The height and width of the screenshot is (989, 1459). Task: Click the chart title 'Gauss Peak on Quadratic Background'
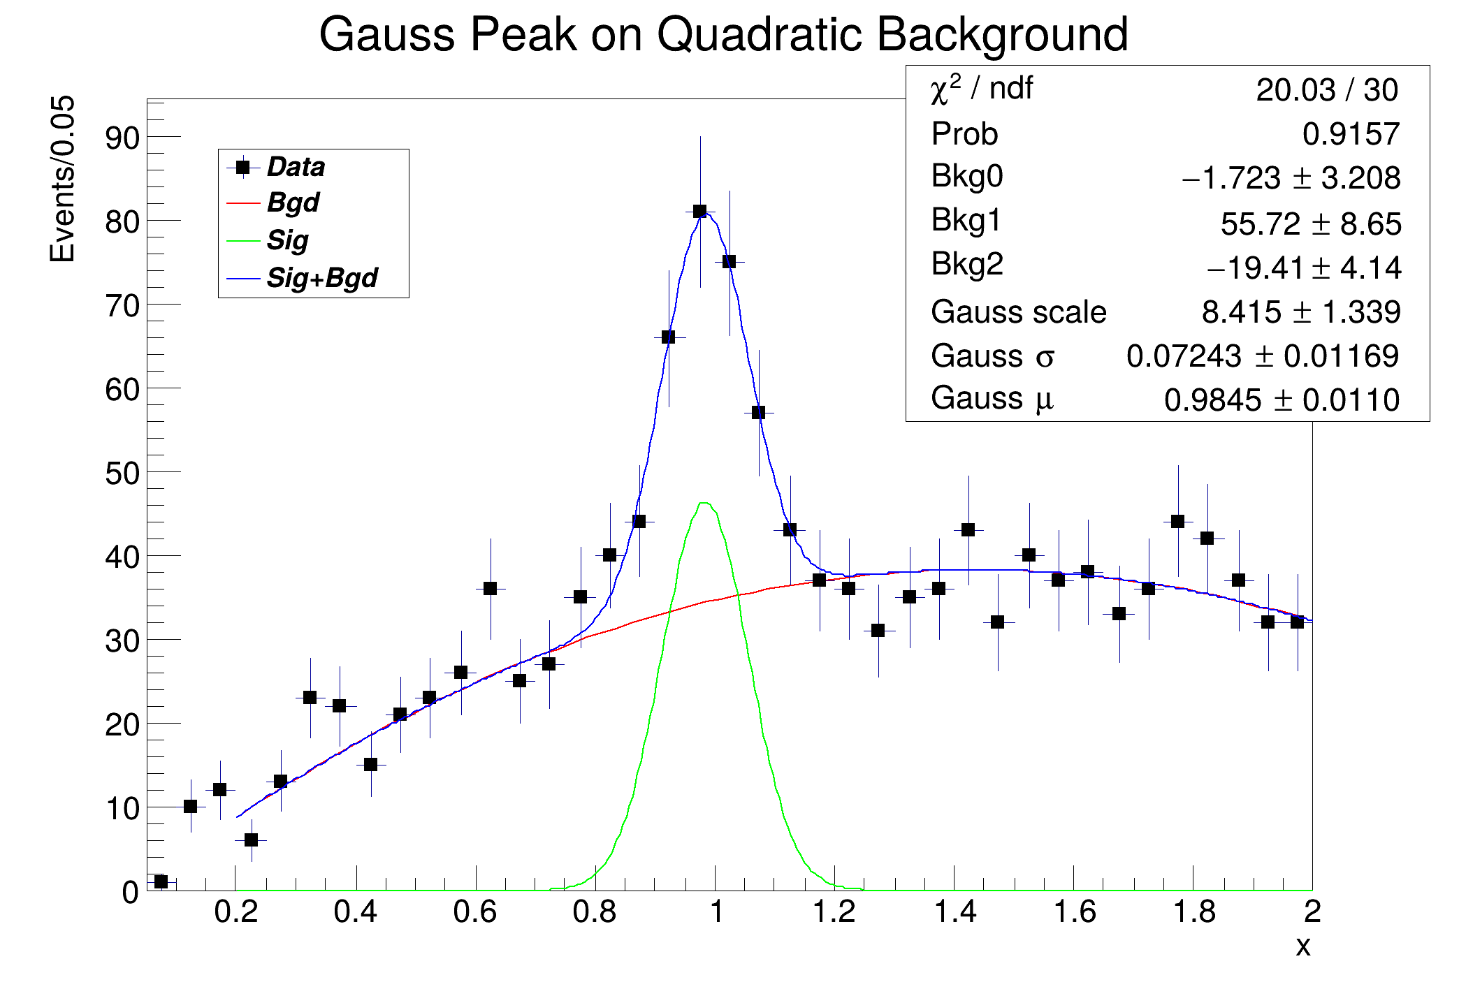(723, 34)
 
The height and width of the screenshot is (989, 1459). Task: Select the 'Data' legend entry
(276, 167)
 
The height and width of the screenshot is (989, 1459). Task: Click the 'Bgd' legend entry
(273, 203)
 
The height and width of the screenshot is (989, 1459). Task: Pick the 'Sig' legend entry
(268, 241)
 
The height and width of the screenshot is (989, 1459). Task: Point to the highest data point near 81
(699, 211)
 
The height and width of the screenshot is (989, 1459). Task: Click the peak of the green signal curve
(704, 503)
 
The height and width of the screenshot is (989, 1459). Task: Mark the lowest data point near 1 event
(161, 881)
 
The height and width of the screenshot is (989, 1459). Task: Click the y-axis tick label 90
(122, 138)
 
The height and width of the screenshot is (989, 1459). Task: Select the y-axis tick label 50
(122, 473)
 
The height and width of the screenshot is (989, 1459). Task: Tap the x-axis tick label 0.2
(236, 911)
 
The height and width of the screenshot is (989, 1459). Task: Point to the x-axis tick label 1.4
(954, 911)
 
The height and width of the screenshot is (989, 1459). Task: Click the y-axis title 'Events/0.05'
(62, 180)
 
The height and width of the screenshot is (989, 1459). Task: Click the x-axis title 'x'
(1303, 946)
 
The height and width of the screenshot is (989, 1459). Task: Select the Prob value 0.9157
(1351, 134)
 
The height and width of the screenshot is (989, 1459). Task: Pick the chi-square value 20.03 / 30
(1327, 90)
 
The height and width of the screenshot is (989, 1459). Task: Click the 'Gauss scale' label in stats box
(1019, 312)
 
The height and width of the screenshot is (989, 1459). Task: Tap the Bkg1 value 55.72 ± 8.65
(1311, 224)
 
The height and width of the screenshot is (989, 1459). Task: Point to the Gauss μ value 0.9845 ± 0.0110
(1282, 400)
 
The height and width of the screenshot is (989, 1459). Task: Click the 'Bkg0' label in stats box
(967, 176)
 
